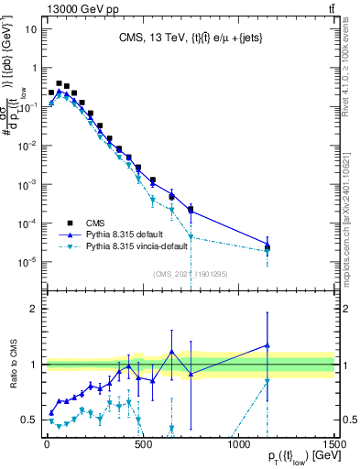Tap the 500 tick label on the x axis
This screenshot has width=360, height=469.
pos(142,445)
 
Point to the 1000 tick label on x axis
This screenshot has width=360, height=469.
pos(238,445)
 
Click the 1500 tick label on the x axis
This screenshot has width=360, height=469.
pos(333,445)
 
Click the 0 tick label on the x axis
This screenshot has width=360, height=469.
pos(46,445)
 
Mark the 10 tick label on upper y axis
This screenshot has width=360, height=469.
pos(31,28)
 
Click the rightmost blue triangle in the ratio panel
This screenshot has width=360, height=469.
pos(267,345)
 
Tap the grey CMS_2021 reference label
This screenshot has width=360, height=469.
pos(191,273)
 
